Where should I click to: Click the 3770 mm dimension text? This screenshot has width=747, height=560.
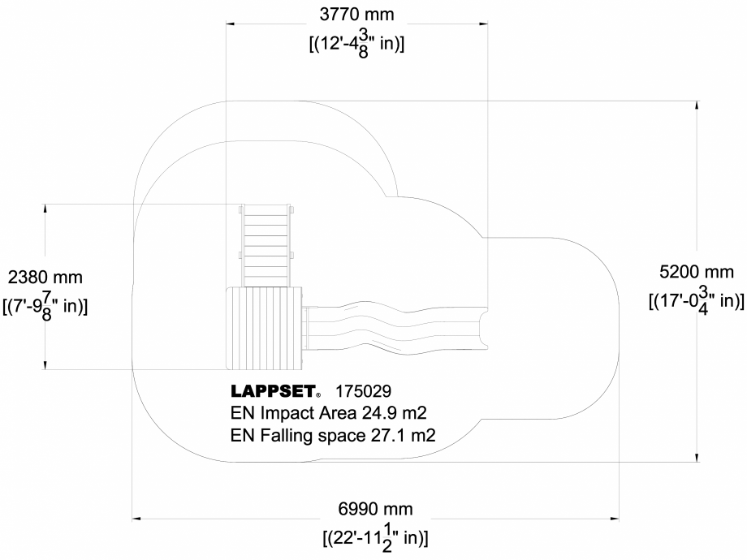(x=357, y=15)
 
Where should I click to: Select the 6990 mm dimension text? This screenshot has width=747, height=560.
(x=375, y=509)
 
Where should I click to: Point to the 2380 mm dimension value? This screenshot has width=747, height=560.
(x=45, y=277)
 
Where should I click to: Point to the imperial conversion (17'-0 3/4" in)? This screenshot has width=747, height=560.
(x=696, y=301)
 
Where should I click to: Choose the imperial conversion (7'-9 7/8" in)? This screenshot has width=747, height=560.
(x=45, y=307)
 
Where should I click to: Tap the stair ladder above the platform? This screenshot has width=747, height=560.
(x=266, y=245)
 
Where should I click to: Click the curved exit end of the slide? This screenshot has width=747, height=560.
(x=482, y=327)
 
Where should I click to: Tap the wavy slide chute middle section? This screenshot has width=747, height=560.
(x=390, y=328)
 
